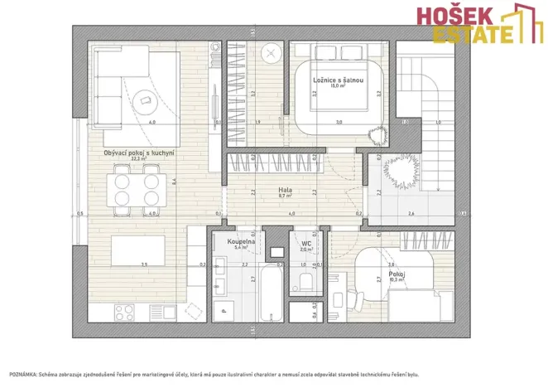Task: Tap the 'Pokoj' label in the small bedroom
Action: pos(396,274)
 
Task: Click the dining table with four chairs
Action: pos(137,186)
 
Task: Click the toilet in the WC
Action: pos(304,279)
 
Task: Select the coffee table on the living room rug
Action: pos(147,101)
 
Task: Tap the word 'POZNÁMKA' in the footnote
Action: pos(22,375)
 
